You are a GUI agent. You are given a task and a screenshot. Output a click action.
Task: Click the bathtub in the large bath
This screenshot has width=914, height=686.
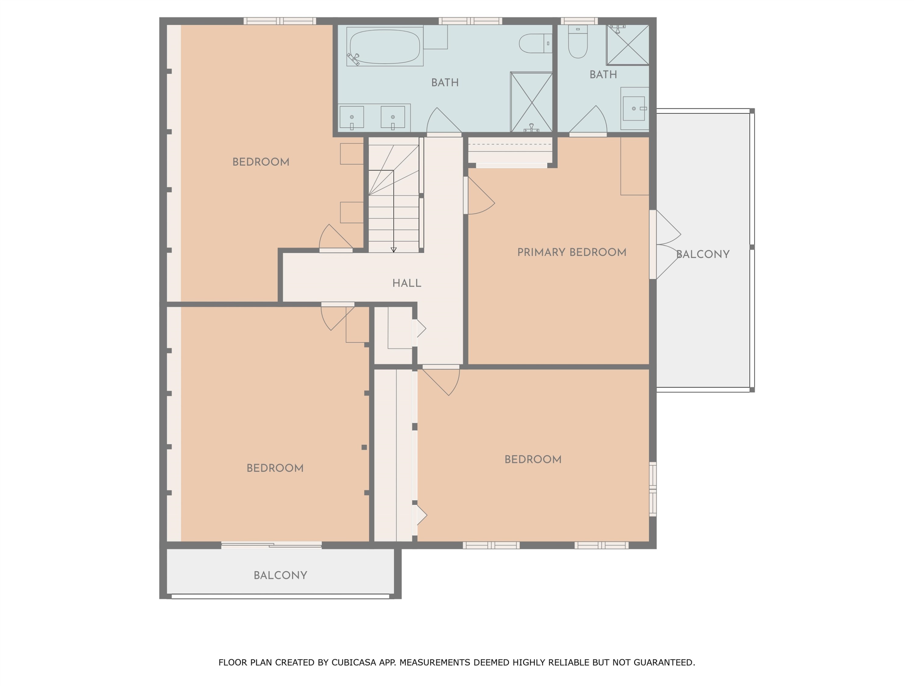(x=385, y=46)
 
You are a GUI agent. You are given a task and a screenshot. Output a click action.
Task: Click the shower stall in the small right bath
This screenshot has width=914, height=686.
(x=628, y=45)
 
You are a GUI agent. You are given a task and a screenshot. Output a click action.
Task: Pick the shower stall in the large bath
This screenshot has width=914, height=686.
(x=531, y=102)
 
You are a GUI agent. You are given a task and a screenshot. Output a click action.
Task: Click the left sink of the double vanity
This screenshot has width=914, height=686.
(x=352, y=117)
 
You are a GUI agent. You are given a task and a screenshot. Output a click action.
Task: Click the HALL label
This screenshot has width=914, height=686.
(x=407, y=283)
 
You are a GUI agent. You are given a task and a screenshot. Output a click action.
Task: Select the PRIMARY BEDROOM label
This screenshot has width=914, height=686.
(x=572, y=252)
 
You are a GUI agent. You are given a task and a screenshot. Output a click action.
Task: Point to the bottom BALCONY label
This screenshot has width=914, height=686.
(x=280, y=575)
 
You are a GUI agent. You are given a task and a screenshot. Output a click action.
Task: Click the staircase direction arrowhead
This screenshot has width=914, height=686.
(x=393, y=250)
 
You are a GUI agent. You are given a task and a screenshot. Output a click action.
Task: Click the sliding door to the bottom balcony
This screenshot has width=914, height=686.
(x=271, y=545)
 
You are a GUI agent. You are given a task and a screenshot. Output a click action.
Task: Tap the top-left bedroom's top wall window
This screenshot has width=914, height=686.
(x=280, y=21)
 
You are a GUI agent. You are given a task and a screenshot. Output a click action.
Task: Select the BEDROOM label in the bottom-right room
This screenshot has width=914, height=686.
(x=533, y=459)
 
